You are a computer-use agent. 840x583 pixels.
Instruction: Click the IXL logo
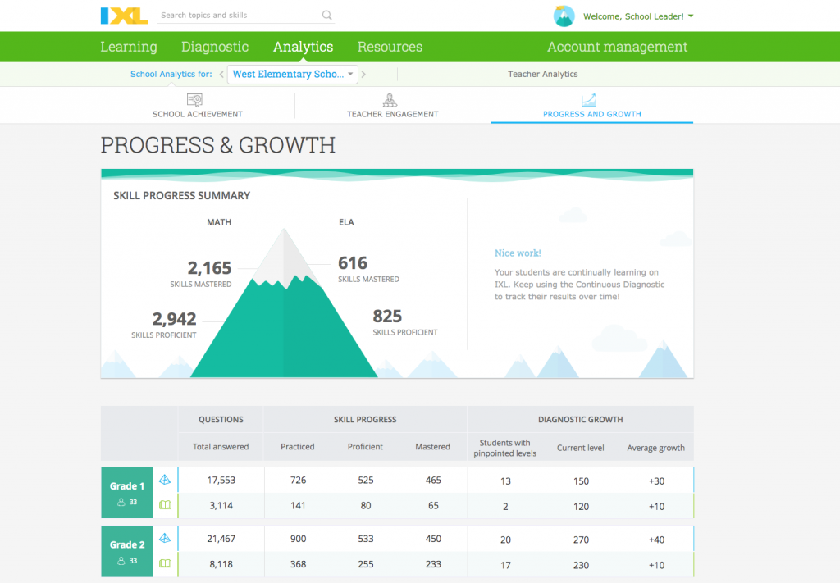point(125,16)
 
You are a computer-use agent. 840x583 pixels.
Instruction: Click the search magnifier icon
point(327,16)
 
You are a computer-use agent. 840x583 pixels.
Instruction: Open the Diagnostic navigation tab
point(215,47)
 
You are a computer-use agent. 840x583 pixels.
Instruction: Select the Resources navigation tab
point(390,47)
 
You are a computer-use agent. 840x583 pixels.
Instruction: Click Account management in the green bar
point(617,47)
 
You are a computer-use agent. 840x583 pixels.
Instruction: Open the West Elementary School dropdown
point(293,74)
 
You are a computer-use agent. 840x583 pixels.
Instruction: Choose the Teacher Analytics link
point(542,74)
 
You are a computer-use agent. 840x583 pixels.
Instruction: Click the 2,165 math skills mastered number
point(209,268)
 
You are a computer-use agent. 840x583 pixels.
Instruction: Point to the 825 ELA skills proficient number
point(387,317)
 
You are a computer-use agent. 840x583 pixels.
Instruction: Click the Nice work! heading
point(518,253)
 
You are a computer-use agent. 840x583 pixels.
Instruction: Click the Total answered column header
point(221,447)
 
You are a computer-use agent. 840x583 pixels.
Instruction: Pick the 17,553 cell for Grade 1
point(221,481)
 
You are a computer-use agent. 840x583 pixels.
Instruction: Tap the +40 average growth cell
point(656,540)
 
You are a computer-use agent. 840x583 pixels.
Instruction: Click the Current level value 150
point(581,481)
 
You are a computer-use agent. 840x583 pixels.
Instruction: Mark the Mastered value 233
point(433,564)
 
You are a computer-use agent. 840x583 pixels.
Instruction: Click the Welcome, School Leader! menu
point(638,16)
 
